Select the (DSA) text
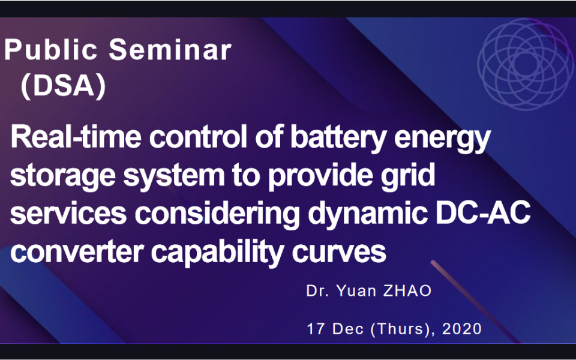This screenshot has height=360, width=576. [x=63, y=87]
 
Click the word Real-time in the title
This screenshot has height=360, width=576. [x=76, y=136]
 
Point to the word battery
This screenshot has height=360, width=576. [x=338, y=138]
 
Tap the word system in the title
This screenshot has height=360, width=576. [x=173, y=176]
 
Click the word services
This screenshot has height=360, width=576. [x=68, y=214]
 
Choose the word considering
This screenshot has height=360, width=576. [x=217, y=215]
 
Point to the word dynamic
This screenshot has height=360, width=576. [x=368, y=215]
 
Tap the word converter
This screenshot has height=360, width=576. [x=77, y=252]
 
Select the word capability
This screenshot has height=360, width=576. [x=217, y=254]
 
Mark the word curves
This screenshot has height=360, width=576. [x=338, y=252]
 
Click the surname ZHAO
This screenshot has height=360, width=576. [x=407, y=291]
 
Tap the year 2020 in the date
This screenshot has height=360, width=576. [x=462, y=329]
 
